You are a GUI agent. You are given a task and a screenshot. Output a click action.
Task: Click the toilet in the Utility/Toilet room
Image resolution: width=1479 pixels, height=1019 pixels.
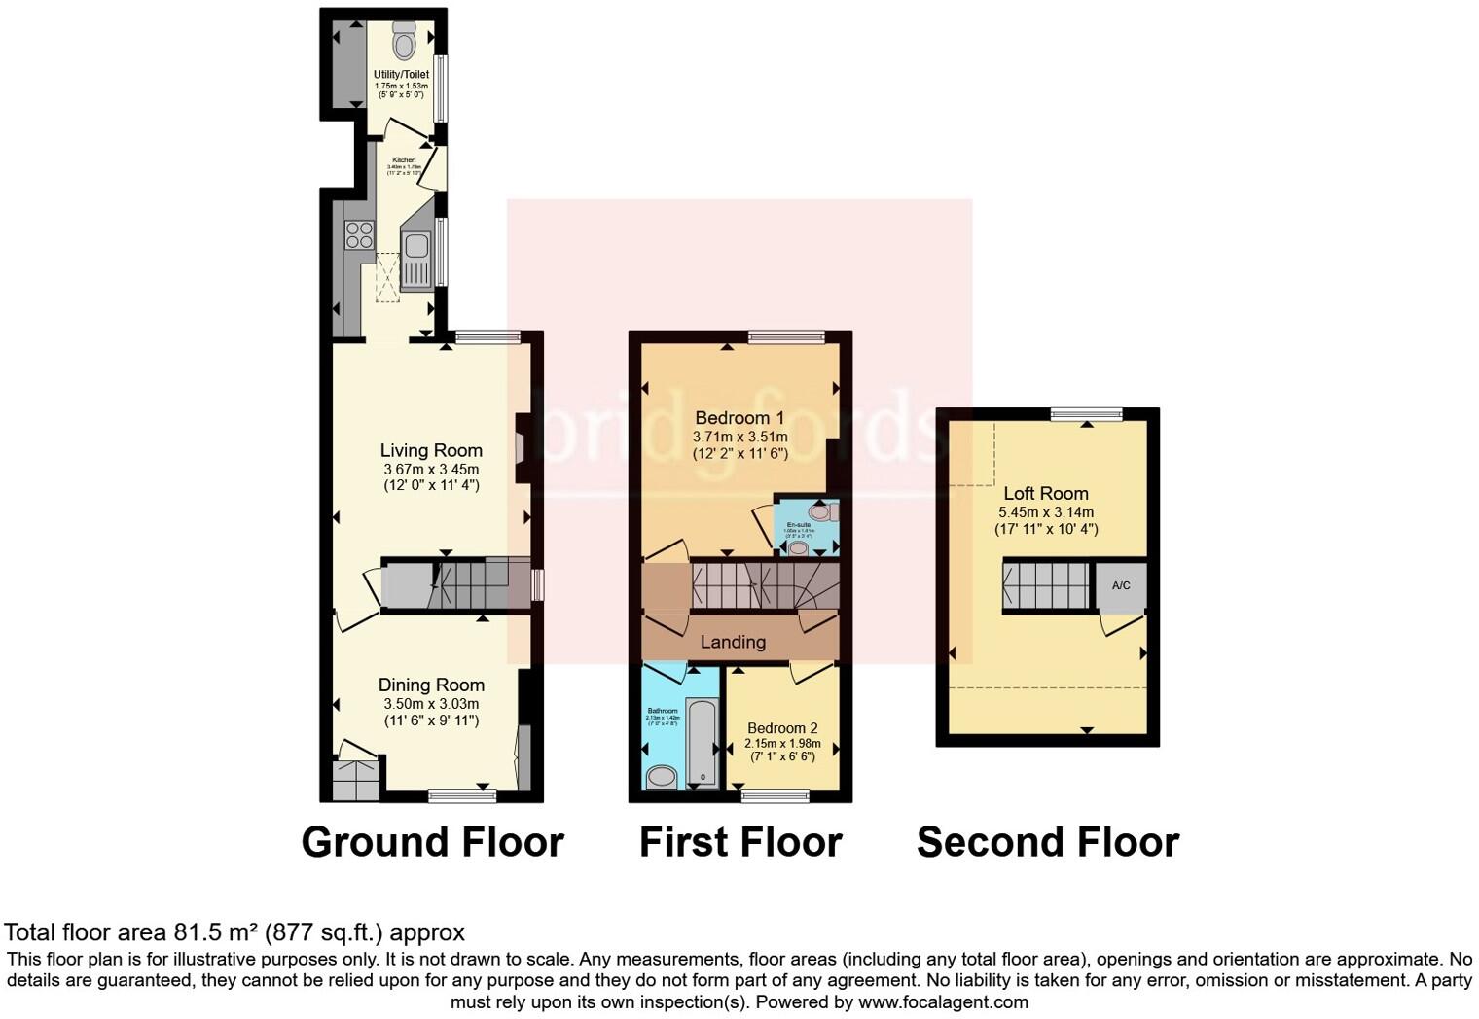404,42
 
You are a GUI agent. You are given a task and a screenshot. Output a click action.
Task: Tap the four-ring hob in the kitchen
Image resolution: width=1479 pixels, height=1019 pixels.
359,235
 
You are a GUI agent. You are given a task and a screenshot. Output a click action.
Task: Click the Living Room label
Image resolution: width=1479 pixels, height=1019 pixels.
431,450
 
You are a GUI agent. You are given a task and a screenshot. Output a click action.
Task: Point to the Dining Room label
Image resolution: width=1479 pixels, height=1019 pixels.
431,685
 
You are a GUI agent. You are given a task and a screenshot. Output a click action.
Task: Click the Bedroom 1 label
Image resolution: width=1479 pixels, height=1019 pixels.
739,418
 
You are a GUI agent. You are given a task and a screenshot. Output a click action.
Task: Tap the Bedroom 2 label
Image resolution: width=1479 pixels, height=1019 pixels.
782,728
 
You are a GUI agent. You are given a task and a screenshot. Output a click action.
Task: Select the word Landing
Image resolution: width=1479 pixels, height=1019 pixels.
733,642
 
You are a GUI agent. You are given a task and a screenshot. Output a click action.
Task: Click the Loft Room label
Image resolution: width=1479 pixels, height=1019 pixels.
1046,493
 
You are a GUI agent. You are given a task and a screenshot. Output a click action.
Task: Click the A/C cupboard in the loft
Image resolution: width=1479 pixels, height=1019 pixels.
1121,585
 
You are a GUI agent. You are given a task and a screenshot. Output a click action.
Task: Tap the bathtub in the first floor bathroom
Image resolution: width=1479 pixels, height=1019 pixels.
701,742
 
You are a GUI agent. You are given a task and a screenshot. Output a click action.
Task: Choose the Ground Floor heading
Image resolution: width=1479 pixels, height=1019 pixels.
432,842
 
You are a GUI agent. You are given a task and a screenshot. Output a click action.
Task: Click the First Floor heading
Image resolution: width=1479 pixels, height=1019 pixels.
739,842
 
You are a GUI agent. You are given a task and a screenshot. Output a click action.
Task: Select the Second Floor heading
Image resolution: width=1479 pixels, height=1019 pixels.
1047,842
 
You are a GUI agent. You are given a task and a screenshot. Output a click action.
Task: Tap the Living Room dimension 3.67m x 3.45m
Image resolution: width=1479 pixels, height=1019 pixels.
431,469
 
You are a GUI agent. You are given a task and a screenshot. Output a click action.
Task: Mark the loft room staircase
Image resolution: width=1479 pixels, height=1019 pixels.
1047,585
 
